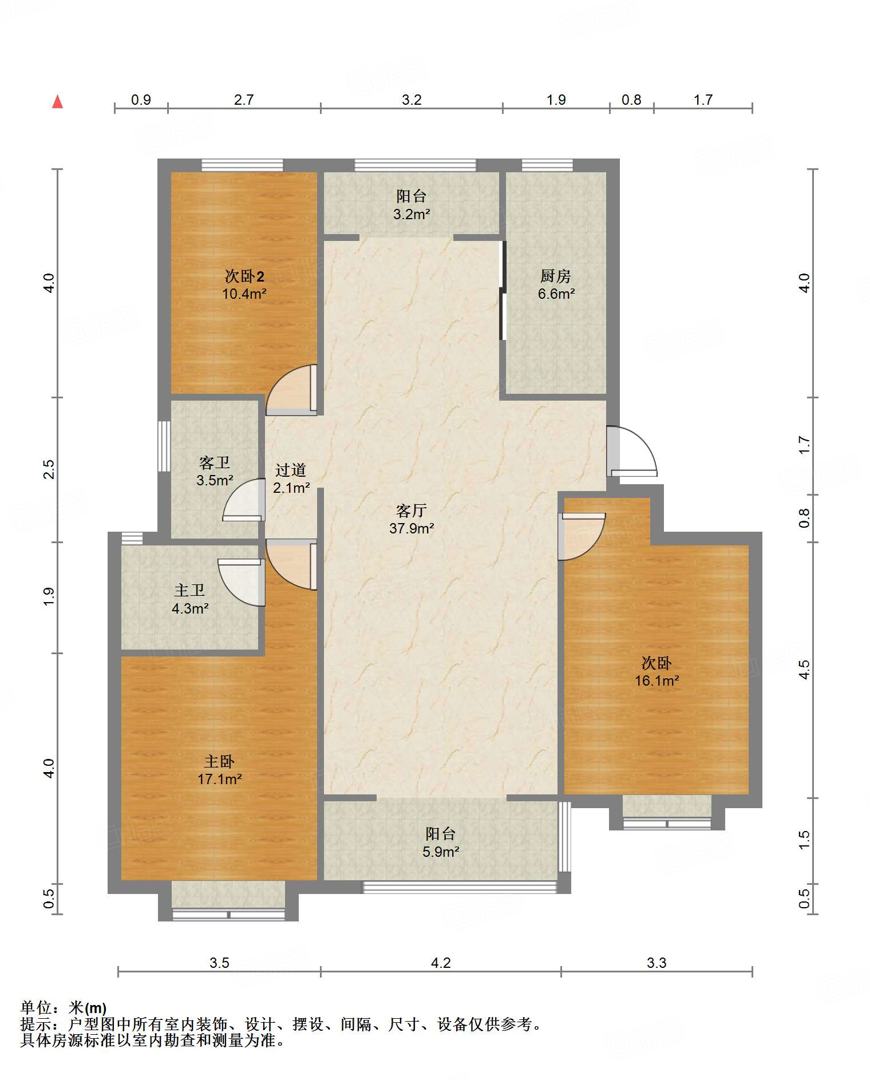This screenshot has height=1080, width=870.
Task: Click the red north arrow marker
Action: pyautogui.click(x=57, y=102)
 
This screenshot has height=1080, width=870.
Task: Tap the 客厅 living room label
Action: pyautogui.click(x=412, y=510)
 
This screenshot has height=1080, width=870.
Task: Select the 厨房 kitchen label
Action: pyautogui.click(x=556, y=276)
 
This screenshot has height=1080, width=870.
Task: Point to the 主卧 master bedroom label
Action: pyautogui.click(x=219, y=761)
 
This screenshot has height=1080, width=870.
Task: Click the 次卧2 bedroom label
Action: pyautogui.click(x=244, y=276)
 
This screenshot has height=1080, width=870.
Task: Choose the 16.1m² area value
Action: pyautogui.click(x=657, y=681)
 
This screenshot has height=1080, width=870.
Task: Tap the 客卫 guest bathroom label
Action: pyautogui.click(x=215, y=462)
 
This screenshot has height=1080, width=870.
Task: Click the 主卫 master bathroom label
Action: pyautogui.click(x=189, y=590)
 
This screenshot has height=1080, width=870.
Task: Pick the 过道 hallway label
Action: pyautogui.click(x=291, y=470)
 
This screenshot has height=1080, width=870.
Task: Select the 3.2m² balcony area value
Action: pyautogui.click(x=412, y=215)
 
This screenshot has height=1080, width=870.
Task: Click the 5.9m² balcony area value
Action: pyautogui.click(x=441, y=852)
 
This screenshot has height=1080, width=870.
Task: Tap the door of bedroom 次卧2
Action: pyautogui.click(x=291, y=389)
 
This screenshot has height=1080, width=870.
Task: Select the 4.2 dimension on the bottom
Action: pyautogui.click(x=441, y=963)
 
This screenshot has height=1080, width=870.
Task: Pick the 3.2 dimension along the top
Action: pyautogui.click(x=412, y=100)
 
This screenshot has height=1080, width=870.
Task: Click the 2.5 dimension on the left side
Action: pyautogui.click(x=49, y=469)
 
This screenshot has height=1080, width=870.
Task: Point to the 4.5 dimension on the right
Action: pyautogui.click(x=804, y=670)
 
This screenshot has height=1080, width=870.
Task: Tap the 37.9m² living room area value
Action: pyautogui.click(x=412, y=528)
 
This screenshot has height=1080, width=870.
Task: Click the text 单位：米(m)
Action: pyautogui.click(x=64, y=1007)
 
